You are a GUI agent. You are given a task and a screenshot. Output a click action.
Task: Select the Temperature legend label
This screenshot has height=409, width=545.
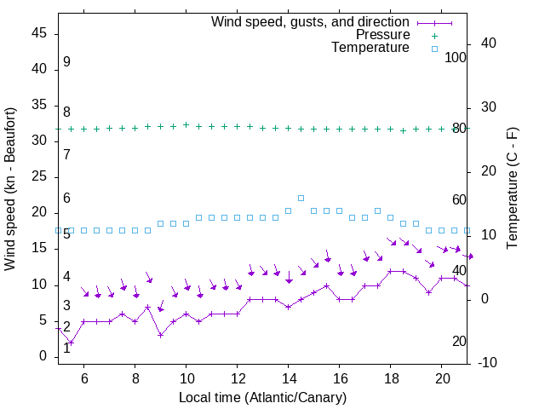(370, 48)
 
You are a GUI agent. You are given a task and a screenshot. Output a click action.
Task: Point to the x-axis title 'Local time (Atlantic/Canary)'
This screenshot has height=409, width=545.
(262, 398)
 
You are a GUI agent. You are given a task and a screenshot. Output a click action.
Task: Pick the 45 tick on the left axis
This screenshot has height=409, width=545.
(39, 34)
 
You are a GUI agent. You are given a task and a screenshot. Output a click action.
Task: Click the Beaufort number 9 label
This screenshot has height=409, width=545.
(66, 62)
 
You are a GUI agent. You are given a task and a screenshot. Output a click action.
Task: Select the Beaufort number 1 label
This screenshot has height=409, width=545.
(66, 349)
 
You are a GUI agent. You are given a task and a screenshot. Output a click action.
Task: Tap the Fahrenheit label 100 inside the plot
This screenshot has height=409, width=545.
(456, 57)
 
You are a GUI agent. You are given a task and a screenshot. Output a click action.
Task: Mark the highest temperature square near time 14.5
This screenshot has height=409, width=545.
(301, 198)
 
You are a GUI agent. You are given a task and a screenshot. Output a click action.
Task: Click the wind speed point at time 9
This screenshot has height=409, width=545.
(160, 335)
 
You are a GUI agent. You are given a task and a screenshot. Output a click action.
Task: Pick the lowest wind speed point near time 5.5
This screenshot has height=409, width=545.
(71, 343)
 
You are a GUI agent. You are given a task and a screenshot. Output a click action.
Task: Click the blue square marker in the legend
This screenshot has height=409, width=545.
(434, 49)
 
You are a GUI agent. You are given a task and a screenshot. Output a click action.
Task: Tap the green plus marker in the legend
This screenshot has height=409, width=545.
(434, 36)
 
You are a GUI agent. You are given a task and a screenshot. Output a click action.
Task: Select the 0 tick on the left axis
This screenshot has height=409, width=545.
(44, 356)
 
